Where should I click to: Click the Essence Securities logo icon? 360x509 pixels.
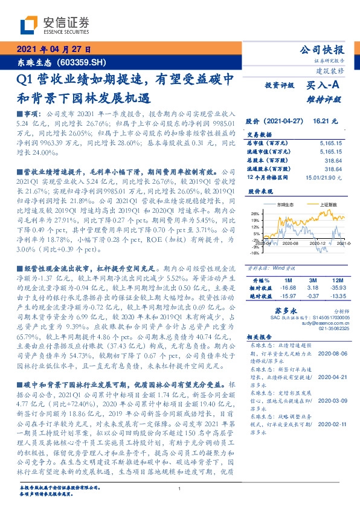point(29,25)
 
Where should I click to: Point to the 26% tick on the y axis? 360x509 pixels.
point(256,213)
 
